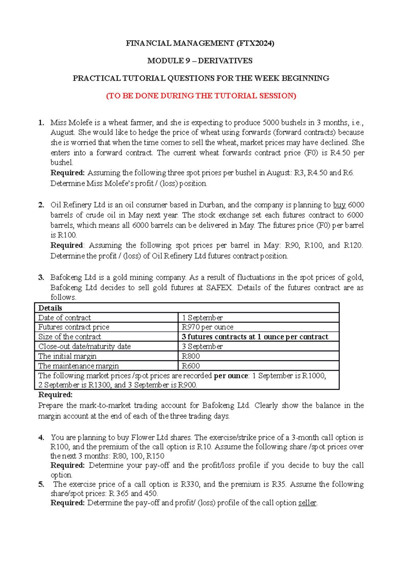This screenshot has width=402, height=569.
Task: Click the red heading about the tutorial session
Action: [201, 96]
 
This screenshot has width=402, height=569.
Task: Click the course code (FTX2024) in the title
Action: [255, 43]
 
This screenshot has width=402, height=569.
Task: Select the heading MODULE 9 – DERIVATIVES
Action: [200, 61]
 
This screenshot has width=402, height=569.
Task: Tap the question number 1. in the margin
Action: [41, 123]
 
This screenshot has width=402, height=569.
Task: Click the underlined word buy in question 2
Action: [339, 205]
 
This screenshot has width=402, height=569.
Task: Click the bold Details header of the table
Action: [50, 308]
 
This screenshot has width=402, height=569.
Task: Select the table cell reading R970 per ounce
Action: [207, 327]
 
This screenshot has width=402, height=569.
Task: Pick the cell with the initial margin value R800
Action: [191, 356]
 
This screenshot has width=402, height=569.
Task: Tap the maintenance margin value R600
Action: [191, 366]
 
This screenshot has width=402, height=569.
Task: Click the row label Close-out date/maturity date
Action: [84, 346]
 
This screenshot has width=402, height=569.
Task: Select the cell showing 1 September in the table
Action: [202, 318]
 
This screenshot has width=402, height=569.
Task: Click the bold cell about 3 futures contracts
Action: [255, 337]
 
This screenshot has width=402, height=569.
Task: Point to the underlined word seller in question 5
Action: [307, 503]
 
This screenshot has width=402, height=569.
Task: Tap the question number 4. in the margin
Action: [41, 438]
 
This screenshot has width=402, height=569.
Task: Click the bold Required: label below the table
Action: [55, 395]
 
